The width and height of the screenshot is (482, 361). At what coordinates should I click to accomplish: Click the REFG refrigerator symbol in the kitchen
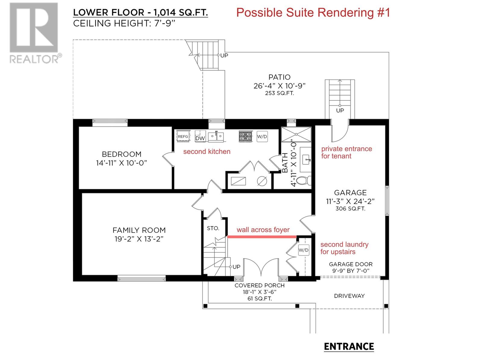(183, 136)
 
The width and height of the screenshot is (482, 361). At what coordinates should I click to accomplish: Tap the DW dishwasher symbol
(200, 136)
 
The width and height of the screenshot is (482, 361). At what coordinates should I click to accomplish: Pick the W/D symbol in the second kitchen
(262, 136)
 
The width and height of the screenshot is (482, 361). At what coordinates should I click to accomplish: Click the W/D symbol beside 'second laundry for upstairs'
(303, 250)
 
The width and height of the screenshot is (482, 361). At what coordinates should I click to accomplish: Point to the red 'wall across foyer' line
(262, 237)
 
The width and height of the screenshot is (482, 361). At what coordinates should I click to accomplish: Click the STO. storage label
(213, 228)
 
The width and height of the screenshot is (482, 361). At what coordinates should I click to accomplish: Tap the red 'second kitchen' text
(207, 151)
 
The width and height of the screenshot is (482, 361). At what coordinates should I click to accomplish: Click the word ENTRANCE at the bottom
(349, 347)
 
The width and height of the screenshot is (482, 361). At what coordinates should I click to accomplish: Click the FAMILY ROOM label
(139, 230)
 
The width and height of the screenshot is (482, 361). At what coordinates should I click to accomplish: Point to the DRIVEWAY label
(349, 296)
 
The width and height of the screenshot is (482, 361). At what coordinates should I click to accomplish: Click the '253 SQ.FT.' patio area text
(279, 93)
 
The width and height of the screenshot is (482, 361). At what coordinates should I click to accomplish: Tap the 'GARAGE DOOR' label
(350, 264)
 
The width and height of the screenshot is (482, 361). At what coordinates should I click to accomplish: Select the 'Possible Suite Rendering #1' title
(313, 13)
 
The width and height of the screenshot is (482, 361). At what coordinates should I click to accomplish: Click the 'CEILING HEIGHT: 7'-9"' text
(124, 23)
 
